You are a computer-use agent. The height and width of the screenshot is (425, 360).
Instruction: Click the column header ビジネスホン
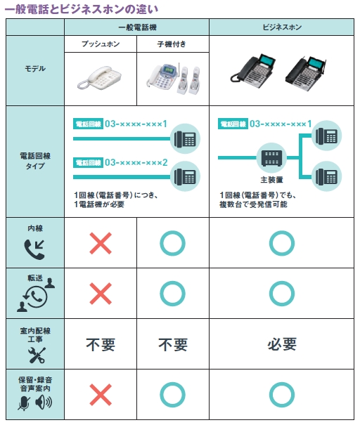pos(282,27)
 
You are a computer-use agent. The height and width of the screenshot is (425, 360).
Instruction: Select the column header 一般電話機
pos(137,27)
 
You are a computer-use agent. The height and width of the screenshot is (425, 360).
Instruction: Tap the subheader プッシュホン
pos(101,44)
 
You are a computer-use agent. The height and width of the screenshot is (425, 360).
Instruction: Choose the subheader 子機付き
pos(172,44)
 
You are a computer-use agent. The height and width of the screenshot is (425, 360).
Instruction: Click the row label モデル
pos(35,69)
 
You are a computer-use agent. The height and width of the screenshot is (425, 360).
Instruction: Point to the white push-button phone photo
pos(99,78)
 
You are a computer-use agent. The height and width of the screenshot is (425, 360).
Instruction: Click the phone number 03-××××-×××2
pos(136,162)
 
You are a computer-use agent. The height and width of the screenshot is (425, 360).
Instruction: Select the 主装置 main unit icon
pos(271,158)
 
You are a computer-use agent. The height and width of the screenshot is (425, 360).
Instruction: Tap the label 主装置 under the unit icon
pos(271,180)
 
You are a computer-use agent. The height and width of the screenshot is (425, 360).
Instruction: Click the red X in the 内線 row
pos(101,243)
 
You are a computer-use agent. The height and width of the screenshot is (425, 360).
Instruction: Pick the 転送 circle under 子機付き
pos(172,294)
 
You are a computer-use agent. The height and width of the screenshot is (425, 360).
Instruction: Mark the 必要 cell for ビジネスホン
pos(282,344)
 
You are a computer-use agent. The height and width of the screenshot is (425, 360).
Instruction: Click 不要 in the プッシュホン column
pos(101,345)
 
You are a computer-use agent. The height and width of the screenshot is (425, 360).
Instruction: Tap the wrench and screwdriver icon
pos(37,355)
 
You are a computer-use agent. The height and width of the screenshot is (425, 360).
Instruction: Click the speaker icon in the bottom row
pos(44,402)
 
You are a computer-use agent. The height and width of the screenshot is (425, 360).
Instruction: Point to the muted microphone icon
pos(24,403)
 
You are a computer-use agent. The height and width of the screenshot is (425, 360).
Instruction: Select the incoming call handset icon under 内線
pos(34,249)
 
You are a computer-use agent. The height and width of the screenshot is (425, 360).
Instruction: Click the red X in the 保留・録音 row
pos(101,395)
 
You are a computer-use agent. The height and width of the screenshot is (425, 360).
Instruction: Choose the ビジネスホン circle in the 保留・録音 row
pos(282,395)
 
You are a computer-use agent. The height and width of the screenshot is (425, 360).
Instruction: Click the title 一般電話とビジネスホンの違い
pos(82,10)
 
